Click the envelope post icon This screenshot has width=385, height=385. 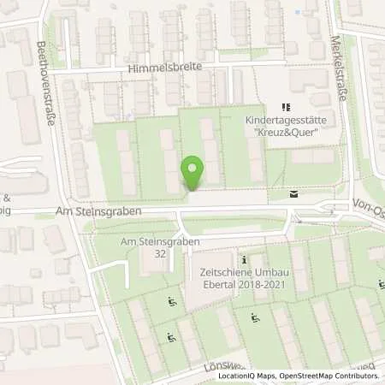pyautogui.click(x=293, y=195)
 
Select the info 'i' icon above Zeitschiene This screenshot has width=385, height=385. pyautogui.click(x=245, y=259)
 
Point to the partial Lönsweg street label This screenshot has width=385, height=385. pyautogui.click(x=223, y=365)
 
